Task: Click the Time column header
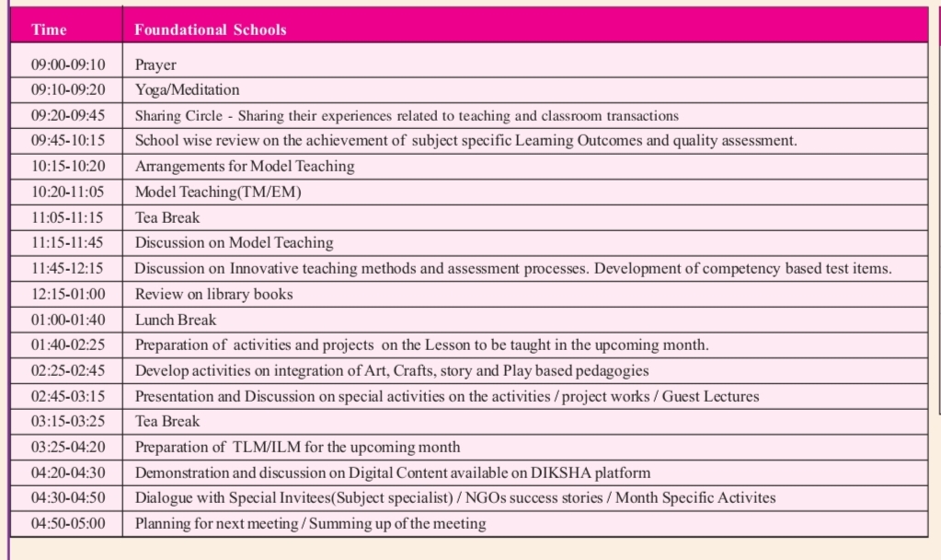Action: (x=49, y=29)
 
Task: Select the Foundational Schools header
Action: (x=211, y=29)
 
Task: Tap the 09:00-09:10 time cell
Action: (x=68, y=64)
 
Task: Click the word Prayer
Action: (x=155, y=64)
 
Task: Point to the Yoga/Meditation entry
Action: (x=187, y=89)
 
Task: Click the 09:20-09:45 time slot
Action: (x=68, y=115)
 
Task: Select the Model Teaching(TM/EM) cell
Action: (x=218, y=192)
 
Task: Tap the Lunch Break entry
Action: (x=176, y=320)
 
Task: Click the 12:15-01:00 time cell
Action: (x=68, y=295)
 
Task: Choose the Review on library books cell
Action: (x=213, y=295)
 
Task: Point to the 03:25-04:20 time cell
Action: (x=68, y=447)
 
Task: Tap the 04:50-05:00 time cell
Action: (x=68, y=523)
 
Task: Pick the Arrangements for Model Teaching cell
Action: (x=244, y=167)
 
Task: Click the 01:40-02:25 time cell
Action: (x=68, y=345)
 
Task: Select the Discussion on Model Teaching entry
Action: (x=234, y=243)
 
